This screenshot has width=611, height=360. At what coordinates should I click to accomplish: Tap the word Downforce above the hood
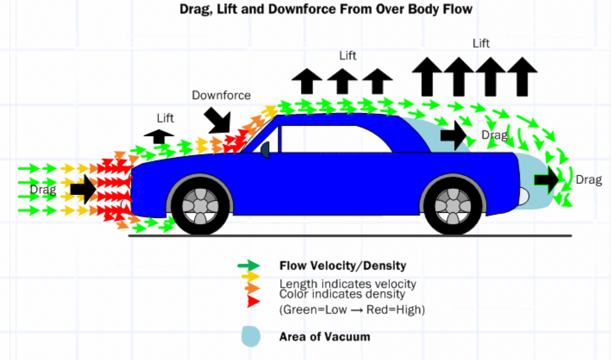coord(221,95)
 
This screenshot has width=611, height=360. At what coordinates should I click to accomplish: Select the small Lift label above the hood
coord(166,118)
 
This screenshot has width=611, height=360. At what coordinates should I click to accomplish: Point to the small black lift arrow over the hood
coord(159,136)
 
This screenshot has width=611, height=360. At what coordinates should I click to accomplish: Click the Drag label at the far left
coord(43,189)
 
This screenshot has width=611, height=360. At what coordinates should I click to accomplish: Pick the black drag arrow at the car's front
coord(83,189)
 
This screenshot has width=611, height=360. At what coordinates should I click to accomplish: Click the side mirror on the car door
coord(265,149)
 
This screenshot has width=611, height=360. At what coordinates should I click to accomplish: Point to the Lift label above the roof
coord(348,56)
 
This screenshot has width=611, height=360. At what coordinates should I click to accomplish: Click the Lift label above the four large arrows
coord(481,44)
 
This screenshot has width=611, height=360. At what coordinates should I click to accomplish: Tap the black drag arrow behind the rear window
coord(453,136)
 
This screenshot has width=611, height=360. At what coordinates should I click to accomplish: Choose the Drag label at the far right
coord(589,180)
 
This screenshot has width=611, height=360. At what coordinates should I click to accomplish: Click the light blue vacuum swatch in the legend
coord(251,336)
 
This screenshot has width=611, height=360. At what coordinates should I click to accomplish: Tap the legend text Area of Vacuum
coord(324,337)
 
